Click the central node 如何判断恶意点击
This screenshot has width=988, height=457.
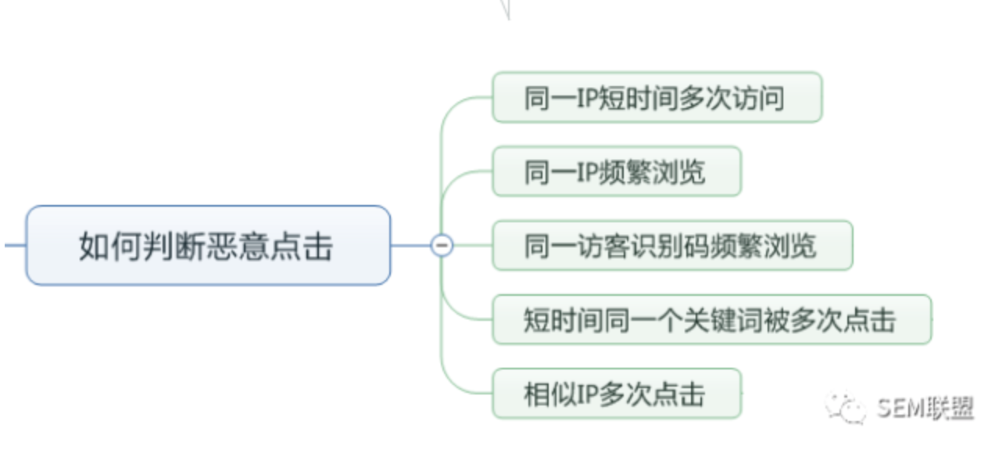tap(208, 245)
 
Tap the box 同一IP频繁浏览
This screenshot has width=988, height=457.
tap(616, 171)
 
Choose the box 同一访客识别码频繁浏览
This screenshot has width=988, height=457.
tap(671, 245)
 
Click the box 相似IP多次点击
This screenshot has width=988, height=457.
tap(616, 393)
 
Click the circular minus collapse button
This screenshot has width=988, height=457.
tap(442, 245)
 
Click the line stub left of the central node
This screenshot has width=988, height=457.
tap(14, 245)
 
